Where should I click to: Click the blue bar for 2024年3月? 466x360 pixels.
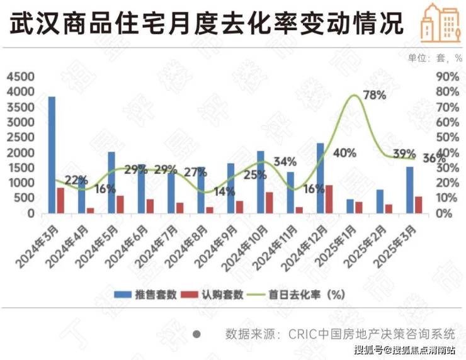pyautogui.click(x=52, y=155)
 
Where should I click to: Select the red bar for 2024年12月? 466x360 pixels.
pyautogui.click(x=329, y=199)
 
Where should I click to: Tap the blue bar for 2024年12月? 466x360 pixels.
pyautogui.click(x=321, y=178)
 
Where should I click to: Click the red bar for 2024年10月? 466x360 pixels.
pyautogui.click(x=270, y=203)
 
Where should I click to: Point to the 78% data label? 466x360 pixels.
pyautogui.click(x=375, y=96)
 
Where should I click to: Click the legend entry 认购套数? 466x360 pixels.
pyautogui.click(x=213, y=294)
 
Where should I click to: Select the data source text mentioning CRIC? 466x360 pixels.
pyautogui.click(x=339, y=334)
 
